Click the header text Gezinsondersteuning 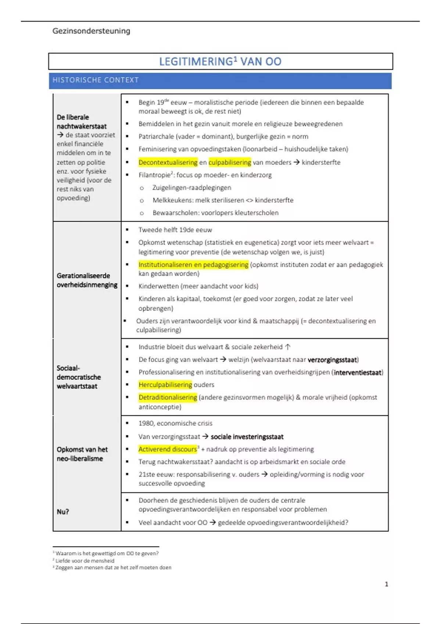pyautogui.click(x=91, y=31)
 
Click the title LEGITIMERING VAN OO pyautogui.click(x=220, y=61)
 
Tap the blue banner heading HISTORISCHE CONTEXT pyautogui.click(x=96, y=80)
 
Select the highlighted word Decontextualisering pyautogui.click(x=168, y=162)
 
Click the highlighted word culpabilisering pyautogui.click(x=230, y=162)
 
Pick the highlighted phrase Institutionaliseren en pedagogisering pyautogui.click(x=193, y=265)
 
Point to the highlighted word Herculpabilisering pyautogui.click(x=165, y=385)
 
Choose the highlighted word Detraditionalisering pyautogui.click(x=168, y=397)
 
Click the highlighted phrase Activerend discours pyautogui.click(x=168, y=449)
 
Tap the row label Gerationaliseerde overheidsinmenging pyautogui.click(x=87, y=280)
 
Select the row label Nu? pyautogui.click(x=63, y=512)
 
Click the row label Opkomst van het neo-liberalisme pyautogui.click(x=82, y=454)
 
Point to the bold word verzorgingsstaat pyautogui.click(x=333, y=360)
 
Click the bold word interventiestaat pyautogui.click(x=358, y=372)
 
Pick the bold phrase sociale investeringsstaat pyautogui.click(x=247, y=437)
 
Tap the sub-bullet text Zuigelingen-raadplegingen pyautogui.click(x=192, y=188)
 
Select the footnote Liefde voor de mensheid pyautogui.click(x=85, y=560)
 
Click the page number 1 pyautogui.click(x=386, y=584)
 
